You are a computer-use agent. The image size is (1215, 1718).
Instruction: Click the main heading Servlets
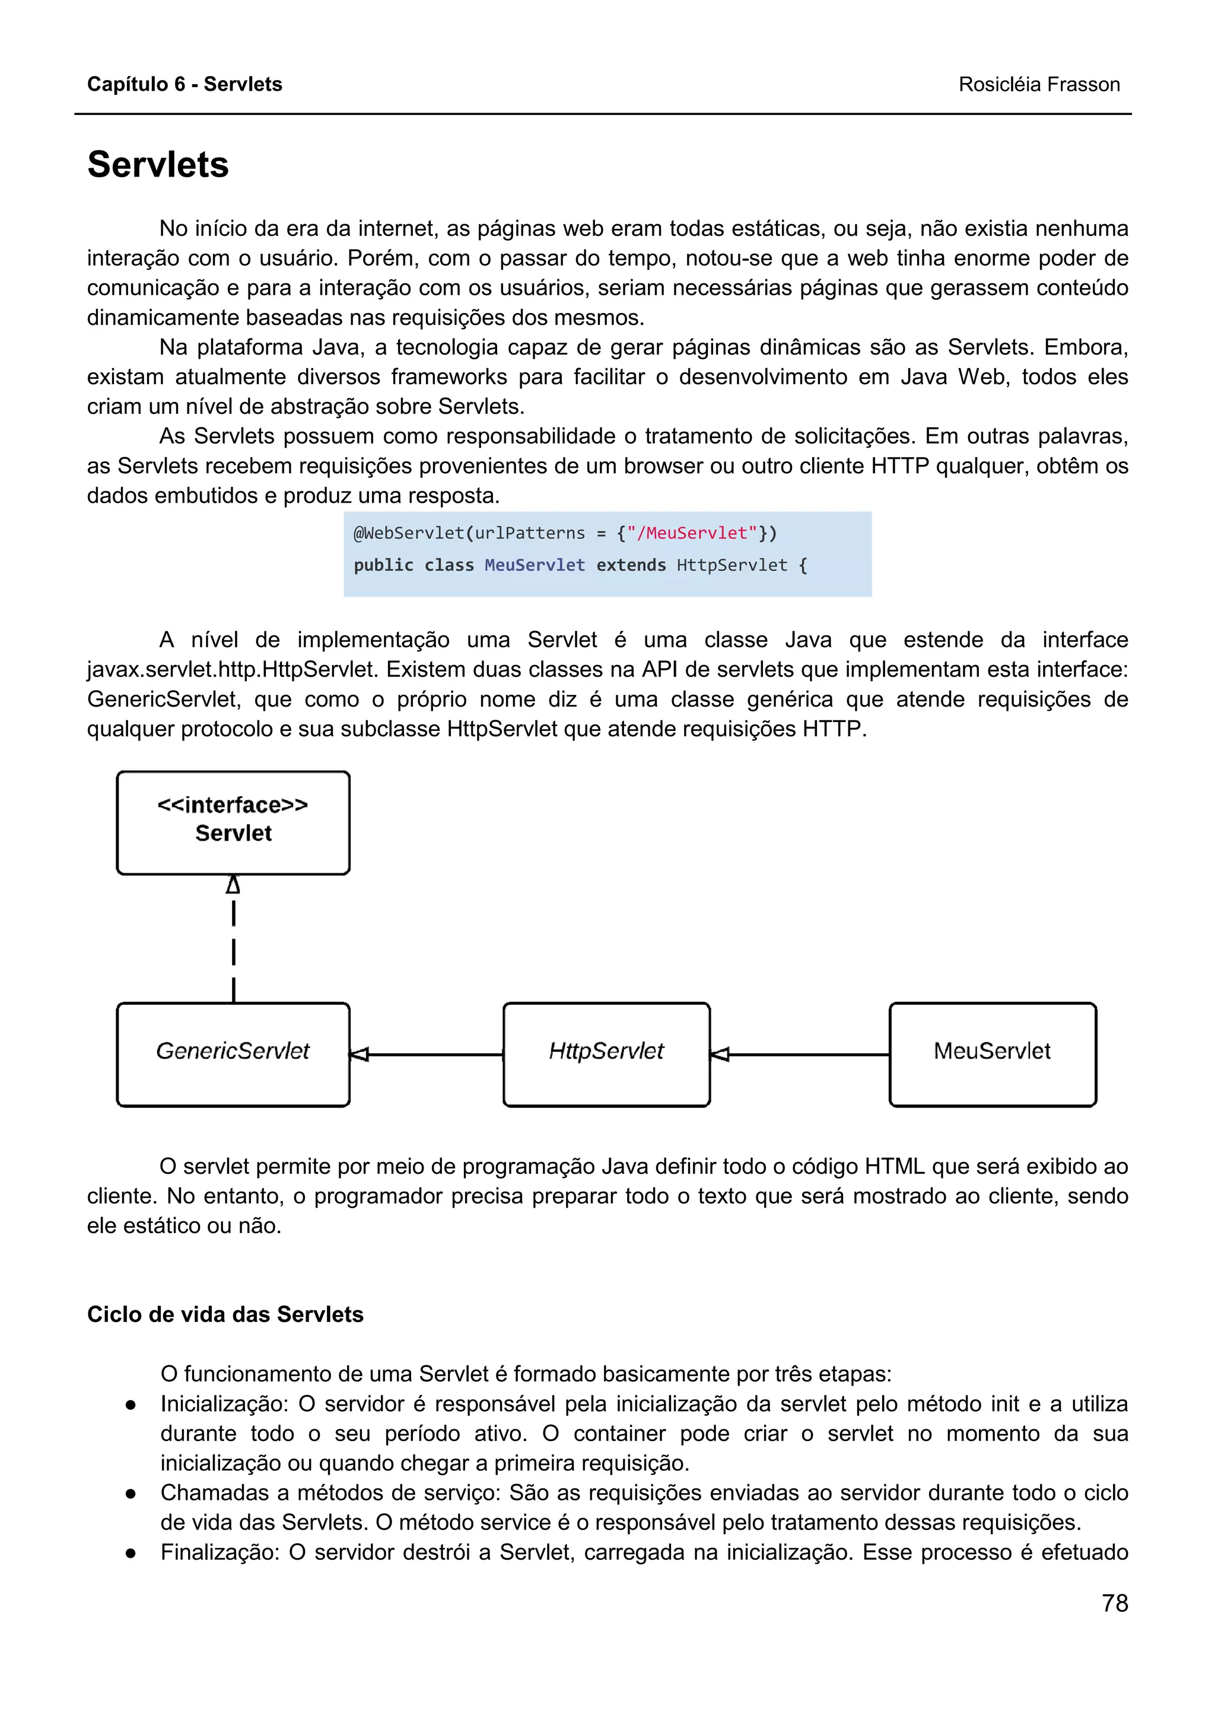click(x=158, y=165)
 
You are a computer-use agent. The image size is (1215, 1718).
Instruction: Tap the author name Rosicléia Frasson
click(x=1038, y=85)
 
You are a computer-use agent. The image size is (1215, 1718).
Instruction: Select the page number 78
click(x=1114, y=1603)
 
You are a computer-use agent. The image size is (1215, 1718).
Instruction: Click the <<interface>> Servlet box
click(x=233, y=822)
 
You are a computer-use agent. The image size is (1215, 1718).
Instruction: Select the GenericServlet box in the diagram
click(x=233, y=1053)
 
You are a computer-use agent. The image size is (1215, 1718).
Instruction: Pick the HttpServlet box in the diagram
click(x=606, y=1053)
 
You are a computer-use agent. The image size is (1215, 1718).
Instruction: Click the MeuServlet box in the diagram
click(x=992, y=1053)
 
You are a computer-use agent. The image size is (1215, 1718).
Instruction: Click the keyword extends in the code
click(x=630, y=565)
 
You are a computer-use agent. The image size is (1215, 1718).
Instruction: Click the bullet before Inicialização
click(x=131, y=1404)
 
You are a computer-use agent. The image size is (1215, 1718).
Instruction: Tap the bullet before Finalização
click(x=131, y=1553)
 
